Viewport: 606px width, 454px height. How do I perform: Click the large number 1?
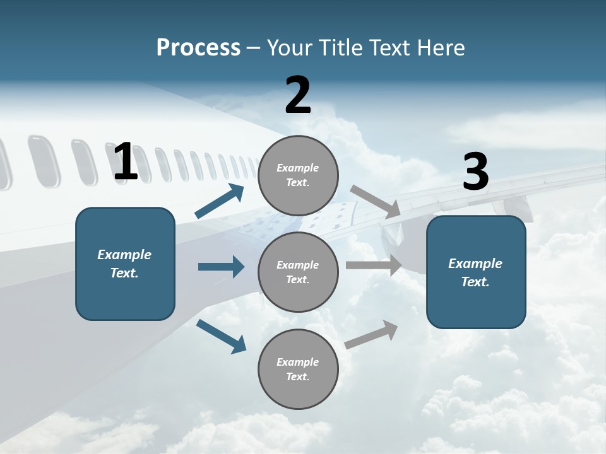tap(126, 162)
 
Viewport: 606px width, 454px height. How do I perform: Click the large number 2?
tap(298, 96)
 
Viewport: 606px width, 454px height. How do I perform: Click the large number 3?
tap(475, 173)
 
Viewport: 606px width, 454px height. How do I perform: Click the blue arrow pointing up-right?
tap(220, 201)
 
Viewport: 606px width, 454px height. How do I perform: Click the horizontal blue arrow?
tap(221, 267)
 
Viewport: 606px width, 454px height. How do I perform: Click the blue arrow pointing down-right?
tap(221, 336)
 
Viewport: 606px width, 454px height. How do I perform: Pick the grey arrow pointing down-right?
tap(376, 201)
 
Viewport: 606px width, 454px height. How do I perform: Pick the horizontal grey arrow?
tap(374, 265)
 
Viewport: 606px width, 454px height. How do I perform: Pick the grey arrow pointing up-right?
tap(371, 335)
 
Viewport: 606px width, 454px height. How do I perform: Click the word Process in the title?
tap(198, 48)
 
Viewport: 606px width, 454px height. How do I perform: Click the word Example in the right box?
tap(475, 264)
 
